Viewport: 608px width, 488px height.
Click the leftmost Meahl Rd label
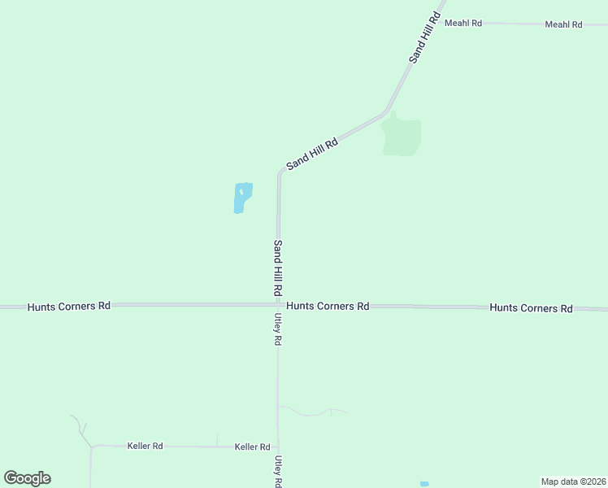pyautogui.click(x=463, y=24)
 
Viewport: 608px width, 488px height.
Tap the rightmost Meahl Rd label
pyautogui.click(x=563, y=24)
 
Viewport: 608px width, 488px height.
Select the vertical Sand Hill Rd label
pyautogui.click(x=278, y=268)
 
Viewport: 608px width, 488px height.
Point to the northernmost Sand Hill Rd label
pyautogui.click(x=424, y=37)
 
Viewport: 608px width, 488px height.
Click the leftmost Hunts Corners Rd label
pyautogui.click(x=68, y=307)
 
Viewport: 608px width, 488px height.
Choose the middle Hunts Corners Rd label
pyautogui.click(x=328, y=306)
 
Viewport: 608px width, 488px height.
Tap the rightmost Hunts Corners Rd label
pyautogui.click(x=531, y=308)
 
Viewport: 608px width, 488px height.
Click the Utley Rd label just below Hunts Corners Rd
pyautogui.click(x=278, y=330)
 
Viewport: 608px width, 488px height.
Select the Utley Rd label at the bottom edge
pyautogui.click(x=278, y=471)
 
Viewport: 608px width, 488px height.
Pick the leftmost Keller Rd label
pyautogui.click(x=145, y=446)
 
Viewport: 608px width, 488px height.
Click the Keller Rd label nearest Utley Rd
pyautogui.click(x=252, y=447)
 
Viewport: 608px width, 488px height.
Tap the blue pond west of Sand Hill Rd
pyautogui.click(x=242, y=198)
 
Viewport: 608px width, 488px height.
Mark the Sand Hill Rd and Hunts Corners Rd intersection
pyautogui.click(x=278, y=305)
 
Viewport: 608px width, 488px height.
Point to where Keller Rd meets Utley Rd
pyautogui.click(x=278, y=447)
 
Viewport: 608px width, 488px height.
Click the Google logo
pyautogui.click(x=27, y=478)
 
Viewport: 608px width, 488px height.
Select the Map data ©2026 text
pyautogui.click(x=573, y=481)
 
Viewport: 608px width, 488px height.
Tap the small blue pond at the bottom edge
pyautogui.click(x=424, y=484)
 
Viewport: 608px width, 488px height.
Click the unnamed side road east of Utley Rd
pyautogui.click(x=314, y=412)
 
